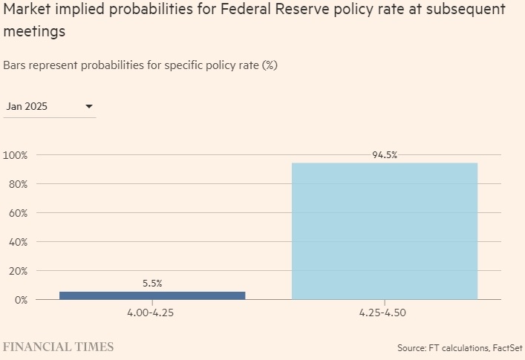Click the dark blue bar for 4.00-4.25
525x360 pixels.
(x=152, y=295)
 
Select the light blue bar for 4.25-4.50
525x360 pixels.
(x=385, y=231)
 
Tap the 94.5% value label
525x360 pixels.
(x=385, y=155)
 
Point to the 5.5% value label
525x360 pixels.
(x=152, y=284)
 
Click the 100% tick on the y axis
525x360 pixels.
(x=15, y=155)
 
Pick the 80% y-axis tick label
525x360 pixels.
(x=17, y=184)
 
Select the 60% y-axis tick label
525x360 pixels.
(x=17, y=213)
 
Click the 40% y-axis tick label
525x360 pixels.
(x=17, y=242)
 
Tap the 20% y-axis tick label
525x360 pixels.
(x=17, y=271)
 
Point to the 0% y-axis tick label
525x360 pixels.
(x=20, y=300)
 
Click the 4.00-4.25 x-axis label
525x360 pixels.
(x=152, y=313)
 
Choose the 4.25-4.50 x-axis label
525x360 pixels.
(x=385, y=313)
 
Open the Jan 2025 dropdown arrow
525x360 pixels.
(x=89, y=107)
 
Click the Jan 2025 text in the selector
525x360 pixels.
(x=27, y=107)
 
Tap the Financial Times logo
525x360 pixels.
(x=59, y=347)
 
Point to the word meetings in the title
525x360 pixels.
(x=33, y=32)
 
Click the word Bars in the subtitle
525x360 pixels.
(x=15, y=65)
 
